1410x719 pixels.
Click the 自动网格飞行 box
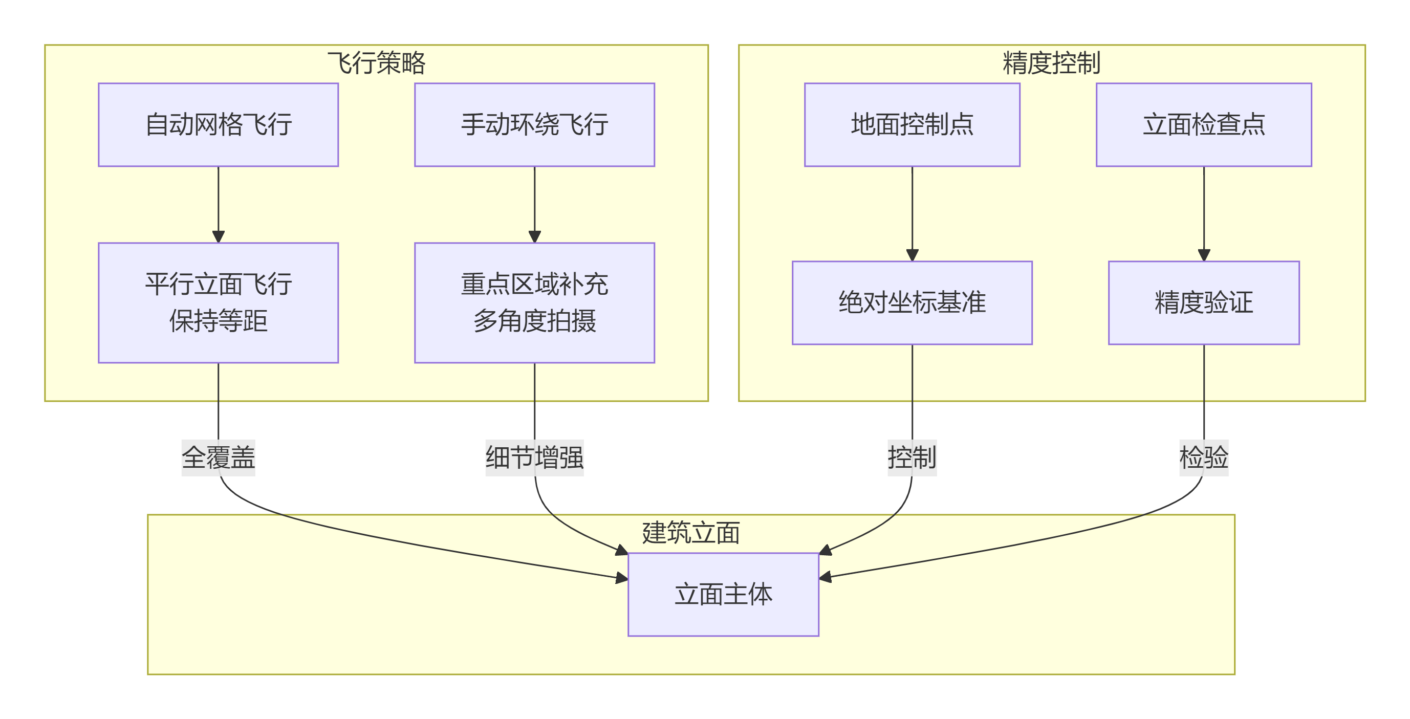pyautogui.click(x=218, y=125)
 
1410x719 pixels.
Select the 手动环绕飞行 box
pyautogui.click(x=534, y=125)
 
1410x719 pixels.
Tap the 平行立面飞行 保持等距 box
pyautogui.click(x=218, y=302)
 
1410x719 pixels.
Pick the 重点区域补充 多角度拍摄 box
pyautogui.click(x=534, y=302)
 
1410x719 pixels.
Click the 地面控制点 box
pyautogui.click(x=912, y=125)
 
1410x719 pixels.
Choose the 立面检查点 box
pyautogui.click(x=1204, y=125)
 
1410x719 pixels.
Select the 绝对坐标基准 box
pyautogui.click(x=912, y=302)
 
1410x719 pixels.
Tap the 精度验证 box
pyautogui.click(x=1204, y=302)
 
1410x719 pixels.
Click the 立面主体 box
pyautogui.click(x=723, y=594)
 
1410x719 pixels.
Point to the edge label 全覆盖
pyautogui.click(x=218, y=457)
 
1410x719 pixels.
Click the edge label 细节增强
pyautogui.click(x=534, y=457)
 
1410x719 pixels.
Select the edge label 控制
pyautogui.click(x=912, y=457)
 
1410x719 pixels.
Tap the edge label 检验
pyautogui.click(x=1204, y=457)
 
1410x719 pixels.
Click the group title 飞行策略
pyautogui.click(x=376, y=63)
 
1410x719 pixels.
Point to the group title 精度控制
pyautogui.click(x=1051, y=63)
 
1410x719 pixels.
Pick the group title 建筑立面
pyautogui.click(x=691, y=532)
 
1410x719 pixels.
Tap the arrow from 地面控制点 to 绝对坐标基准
pyautogui.click(x=912, y=213)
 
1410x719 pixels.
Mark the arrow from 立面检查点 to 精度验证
pyautogui.click(x=1204, y=213)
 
